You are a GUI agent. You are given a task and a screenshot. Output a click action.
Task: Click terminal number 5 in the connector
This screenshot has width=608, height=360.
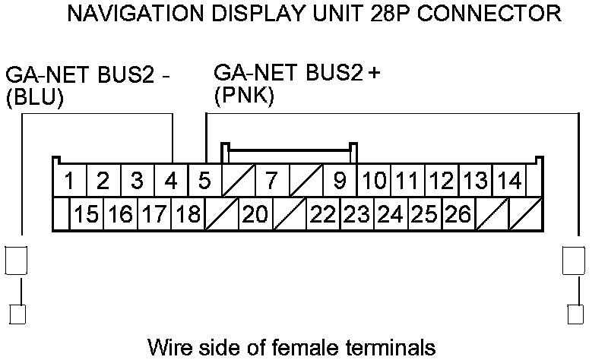(204, 182)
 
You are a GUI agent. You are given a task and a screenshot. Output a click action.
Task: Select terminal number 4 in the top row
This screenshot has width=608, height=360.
(171, 182)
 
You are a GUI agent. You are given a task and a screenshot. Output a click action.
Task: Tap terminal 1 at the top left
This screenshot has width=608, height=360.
(69, 182)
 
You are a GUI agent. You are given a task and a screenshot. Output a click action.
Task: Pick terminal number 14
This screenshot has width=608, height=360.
(511, 182)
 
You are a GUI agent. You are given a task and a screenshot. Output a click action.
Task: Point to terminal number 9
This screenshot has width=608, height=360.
(340, 182)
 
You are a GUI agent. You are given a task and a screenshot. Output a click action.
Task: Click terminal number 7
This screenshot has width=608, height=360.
(271, 182)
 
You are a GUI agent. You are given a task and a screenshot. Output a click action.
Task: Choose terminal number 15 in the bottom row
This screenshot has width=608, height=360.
(87, 215)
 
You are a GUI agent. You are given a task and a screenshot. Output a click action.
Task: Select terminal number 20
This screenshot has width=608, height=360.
(255, 215)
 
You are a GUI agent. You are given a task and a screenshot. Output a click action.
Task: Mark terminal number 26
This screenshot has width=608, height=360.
(458, 215)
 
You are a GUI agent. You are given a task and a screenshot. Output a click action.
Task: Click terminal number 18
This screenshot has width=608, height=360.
(187, 215)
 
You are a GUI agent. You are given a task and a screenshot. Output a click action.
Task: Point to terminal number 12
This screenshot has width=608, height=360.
(441, 182)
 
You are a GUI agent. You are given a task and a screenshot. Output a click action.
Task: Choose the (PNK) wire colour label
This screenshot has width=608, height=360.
(244, 97)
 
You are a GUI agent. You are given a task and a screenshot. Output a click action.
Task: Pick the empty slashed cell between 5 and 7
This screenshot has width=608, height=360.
(237, 182)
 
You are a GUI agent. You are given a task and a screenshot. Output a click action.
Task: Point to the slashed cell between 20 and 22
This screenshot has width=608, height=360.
(290, 215)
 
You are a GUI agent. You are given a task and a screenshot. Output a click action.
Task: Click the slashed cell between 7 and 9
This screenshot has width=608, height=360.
(306, 182)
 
